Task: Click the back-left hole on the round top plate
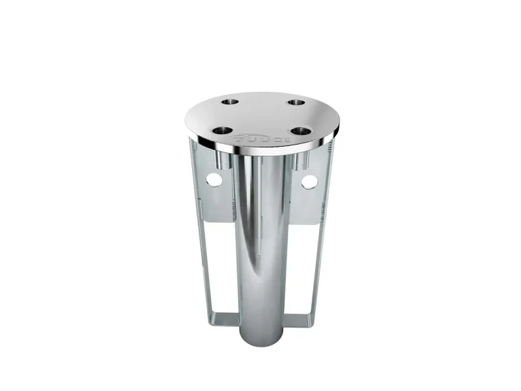pos(229,102)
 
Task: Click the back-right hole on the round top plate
pos(297,102)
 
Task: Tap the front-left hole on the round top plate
pos(223,130)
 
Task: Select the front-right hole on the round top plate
pos(302,130)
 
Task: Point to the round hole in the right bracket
pos(309,181)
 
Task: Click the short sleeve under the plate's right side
pos(301,159)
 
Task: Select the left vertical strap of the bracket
pos(199,261)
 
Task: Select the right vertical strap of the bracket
pos(320,261)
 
